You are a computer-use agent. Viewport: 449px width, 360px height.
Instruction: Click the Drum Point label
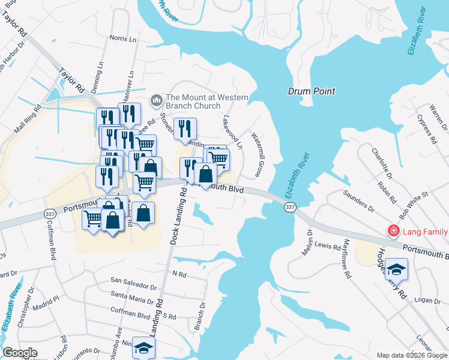(311, 91)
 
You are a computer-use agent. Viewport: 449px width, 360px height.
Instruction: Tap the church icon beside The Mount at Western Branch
(156, 98)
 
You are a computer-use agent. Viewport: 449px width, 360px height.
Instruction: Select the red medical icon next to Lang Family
(393, 230)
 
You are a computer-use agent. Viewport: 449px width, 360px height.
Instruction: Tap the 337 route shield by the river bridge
(290, 207)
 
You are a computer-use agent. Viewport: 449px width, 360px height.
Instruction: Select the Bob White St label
(414, 206)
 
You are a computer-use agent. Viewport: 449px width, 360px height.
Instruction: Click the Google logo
(20, 353)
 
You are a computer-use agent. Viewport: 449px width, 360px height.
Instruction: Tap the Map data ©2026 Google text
(411, 355)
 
